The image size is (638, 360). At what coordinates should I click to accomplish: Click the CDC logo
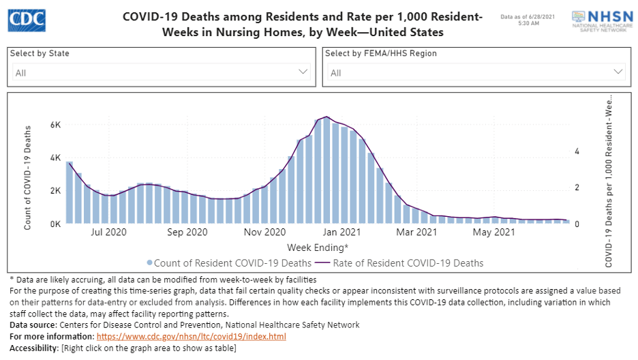coord(27,20)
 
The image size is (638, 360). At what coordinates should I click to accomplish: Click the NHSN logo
coord(600,21)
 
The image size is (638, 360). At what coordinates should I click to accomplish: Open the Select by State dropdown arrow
coord(303,72)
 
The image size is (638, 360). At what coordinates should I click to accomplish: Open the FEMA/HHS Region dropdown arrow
coord(618,72)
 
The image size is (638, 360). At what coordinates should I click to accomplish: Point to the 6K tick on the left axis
coord(55,125)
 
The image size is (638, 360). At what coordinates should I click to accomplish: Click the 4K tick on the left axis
coord(55,157)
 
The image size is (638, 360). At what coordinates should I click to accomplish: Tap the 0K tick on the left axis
coord(55,224)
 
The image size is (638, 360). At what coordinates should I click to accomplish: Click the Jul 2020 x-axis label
coord(109,232)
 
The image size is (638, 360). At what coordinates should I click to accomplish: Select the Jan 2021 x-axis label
coord(341,232)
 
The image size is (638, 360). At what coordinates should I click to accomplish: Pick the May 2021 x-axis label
coord(494,232)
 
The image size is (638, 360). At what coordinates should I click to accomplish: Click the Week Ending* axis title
coord(318,247)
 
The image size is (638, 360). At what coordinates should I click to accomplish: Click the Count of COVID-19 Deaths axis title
coord(28,177)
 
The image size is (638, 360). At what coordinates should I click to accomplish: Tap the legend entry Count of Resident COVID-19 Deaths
coord(229,263)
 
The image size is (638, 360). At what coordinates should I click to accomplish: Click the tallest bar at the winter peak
coord(326,171)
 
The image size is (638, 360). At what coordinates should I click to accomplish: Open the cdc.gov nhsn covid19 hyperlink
coord(192,337)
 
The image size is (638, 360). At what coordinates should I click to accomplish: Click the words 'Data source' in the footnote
coord(31,325)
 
